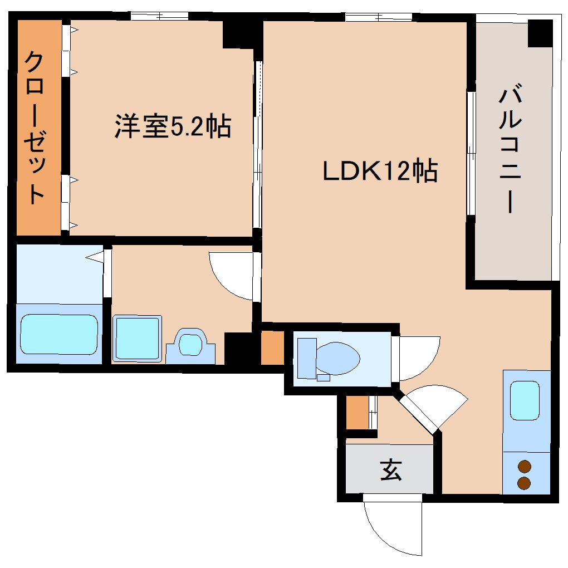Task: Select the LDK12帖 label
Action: point(380,172)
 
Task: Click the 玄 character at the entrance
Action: point(391,470)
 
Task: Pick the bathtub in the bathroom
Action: point(59,334)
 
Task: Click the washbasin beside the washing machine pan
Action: point(191,345)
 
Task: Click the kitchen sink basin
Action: point(525,400)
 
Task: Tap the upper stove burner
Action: point(525,467)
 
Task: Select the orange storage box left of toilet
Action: point(272,348)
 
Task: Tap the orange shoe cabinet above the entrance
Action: point(357,412)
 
